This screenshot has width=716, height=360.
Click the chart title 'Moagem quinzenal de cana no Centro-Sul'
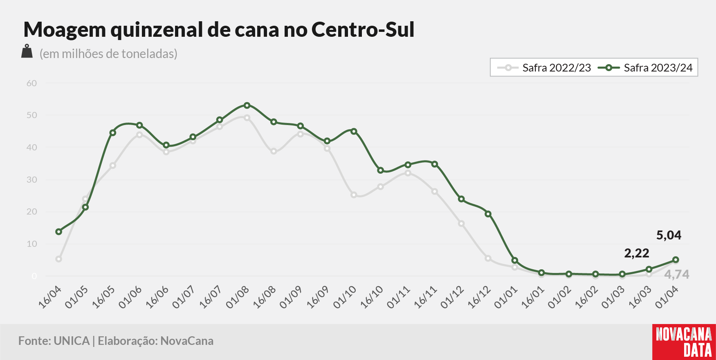click(219, 29)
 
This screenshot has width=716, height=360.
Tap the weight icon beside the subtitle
click(27, 51)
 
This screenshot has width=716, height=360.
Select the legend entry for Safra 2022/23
click(544, 68)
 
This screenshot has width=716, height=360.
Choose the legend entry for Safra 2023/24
click(646, 68)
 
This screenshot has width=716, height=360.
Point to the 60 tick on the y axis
click(31, 83)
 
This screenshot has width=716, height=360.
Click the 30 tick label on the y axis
click(31, 180)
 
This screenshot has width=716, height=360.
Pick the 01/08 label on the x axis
click(238, 297)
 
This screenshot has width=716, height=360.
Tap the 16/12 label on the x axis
click(479, 297)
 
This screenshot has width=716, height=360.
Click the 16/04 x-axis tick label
click(50, 297)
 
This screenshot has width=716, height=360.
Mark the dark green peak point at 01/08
click(247, 105)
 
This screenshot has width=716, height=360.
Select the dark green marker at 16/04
click(59, 232)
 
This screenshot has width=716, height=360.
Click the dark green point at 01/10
click(354, 132)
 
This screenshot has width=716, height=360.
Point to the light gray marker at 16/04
click(59, 259)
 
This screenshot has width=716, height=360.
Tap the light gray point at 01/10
click(354, 195)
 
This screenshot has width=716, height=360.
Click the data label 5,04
click(669, 235)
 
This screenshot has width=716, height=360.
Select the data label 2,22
click(637, 253)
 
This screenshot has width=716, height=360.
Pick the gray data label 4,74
click(677, 275)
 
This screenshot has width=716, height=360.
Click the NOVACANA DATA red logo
click(684, 342)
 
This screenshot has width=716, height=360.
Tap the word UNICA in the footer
click(72, 341)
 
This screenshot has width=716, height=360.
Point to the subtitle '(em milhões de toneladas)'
click(108, 54)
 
